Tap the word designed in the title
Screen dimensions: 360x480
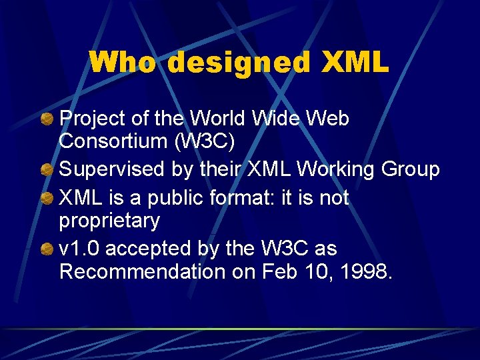pos(239,63)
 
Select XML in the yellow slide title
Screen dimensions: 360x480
pos(355,63)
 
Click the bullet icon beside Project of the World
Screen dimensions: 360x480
pos(47,119)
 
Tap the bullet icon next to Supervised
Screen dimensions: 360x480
pos(47,170)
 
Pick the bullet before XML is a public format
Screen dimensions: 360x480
pos(47,199)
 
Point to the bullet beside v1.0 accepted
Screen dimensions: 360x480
pos(47,249)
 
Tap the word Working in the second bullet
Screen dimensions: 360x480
pos(337,170)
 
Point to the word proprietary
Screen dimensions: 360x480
pos(109,221)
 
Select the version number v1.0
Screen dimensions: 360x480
pos(80,249)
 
